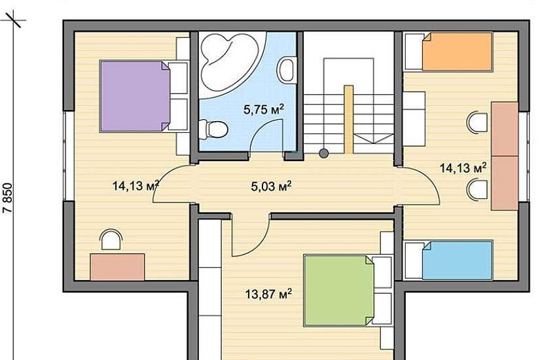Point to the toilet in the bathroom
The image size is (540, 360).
(213, 129)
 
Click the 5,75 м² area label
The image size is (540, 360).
(264, 109)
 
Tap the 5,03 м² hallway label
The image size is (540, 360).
(272, 187)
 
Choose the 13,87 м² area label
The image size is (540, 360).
(268, 294)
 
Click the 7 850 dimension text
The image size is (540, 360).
(8, 198)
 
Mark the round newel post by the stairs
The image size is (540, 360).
(323, 153)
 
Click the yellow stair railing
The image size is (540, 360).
(348, 120)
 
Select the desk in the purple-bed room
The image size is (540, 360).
(117, 266)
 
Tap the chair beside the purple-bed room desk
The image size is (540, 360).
(111, 239)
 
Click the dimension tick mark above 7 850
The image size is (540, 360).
(14, 19)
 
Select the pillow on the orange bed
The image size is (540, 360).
(414, 52)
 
